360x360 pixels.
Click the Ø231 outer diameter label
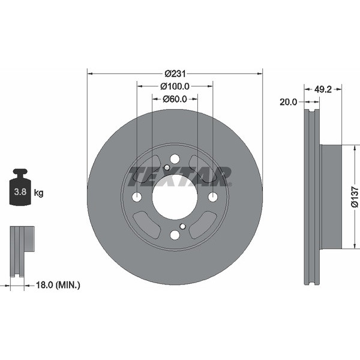coord(175,73)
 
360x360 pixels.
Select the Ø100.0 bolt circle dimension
coord(175,86)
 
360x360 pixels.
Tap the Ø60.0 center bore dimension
coord(175,99)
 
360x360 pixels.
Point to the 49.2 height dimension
coord(324,88)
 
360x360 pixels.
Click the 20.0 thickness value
coord(288,102)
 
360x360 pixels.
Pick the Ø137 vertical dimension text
coord(354,197)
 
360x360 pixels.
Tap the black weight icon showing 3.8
coord(20,188)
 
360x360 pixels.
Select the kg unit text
coord(39,193)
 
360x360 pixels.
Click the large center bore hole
coord(175,197)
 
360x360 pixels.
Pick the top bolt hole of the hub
coord(175,159)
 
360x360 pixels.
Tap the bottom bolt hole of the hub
coord(175,235)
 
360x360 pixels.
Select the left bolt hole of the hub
coord(137,197)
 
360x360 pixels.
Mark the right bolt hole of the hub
coord(212,197)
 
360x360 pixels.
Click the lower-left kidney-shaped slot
coord(146,224)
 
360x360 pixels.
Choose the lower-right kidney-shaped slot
coord(203,224)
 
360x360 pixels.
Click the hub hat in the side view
coord(331,197)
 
